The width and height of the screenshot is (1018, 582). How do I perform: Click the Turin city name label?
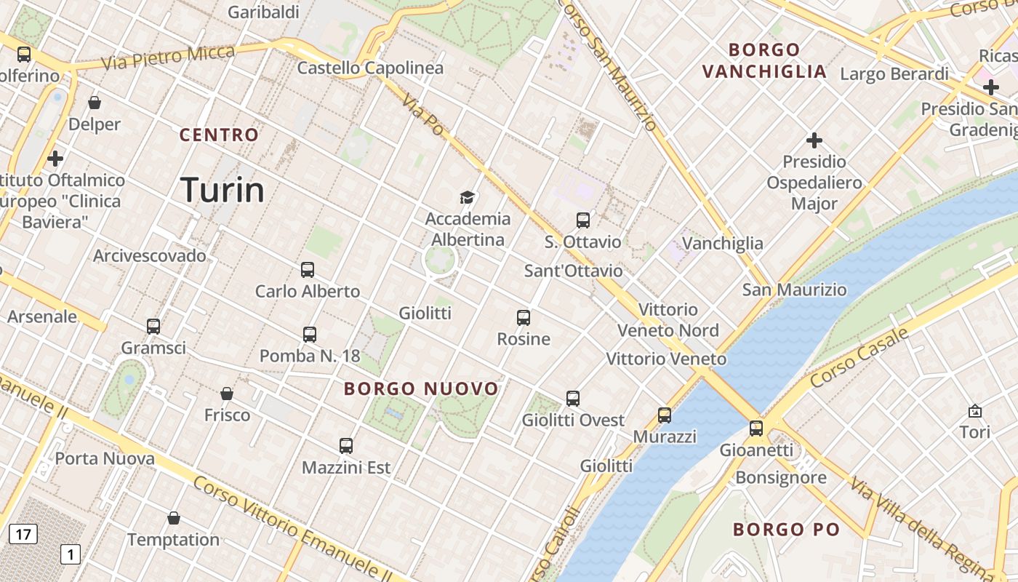[222, 190]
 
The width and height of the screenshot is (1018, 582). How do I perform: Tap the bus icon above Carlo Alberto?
[308, 270]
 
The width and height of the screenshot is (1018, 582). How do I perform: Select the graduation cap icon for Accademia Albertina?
[467, 197]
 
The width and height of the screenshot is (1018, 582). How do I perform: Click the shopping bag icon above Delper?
[95, 103]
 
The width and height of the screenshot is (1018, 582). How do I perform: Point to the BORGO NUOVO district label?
[422, 388]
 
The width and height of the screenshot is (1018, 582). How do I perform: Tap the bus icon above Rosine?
[524, 318]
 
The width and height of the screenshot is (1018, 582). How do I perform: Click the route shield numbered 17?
[23, 535]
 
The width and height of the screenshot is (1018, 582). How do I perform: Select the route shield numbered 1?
[70, 554]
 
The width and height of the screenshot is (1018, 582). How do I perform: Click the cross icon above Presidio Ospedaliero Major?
[814, 140]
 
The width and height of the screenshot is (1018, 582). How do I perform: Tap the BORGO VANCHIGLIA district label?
[764, 61]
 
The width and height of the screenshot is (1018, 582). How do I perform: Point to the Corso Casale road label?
[859, 357]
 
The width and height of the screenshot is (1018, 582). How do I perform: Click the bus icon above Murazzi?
[665, 415]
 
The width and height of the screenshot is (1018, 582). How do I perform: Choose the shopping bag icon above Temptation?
[174, 518]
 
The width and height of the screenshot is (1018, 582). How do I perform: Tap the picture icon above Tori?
[975, 411]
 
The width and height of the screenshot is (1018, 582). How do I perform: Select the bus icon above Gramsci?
[153, 327]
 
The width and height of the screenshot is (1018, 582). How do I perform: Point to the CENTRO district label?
[219, 135]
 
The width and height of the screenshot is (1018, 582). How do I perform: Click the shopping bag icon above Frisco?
[227, 394]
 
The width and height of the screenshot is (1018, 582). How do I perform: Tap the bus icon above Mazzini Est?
[346, 446]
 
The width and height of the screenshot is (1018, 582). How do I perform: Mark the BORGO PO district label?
[786, 530]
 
